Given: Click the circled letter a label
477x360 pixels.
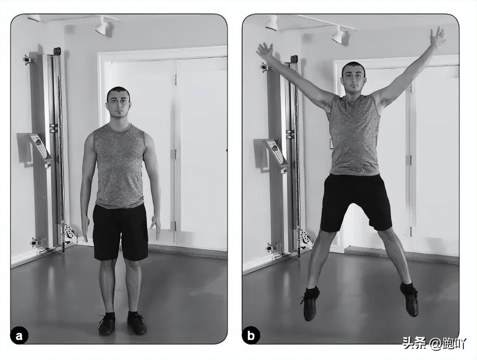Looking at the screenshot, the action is coord(19,337).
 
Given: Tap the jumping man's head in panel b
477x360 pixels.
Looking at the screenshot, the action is coord(354,77).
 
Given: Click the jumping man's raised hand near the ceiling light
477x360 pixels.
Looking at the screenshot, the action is coord(436,39).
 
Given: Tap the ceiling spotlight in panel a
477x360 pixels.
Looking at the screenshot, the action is coord(104,26).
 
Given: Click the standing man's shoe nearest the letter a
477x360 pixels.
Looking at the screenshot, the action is coord(107,324).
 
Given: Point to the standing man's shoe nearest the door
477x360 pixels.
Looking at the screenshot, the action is coord(136,323).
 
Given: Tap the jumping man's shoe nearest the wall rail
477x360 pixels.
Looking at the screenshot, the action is coord(311,303).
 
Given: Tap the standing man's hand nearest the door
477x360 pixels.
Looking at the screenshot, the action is coord(155,227).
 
